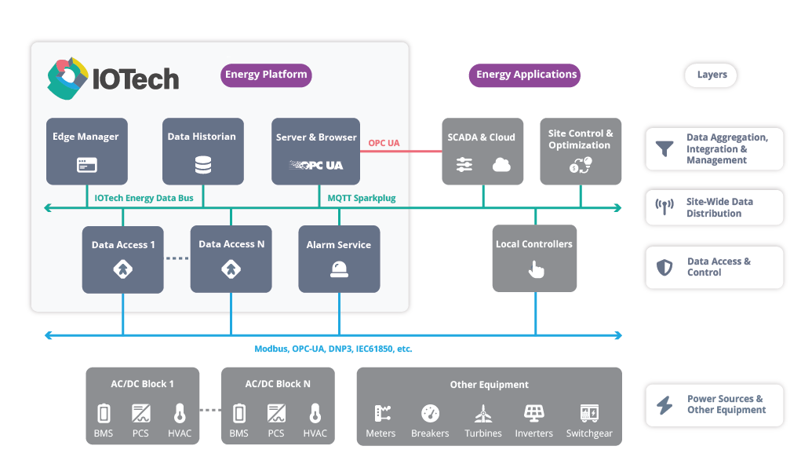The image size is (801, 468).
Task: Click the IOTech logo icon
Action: tap(67, 79)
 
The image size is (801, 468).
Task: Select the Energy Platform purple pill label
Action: tap(266, 75)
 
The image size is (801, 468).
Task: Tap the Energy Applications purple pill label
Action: tap(526, 75)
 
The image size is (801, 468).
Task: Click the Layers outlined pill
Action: tap(712, 75)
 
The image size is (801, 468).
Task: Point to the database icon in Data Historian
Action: tap(202, 166)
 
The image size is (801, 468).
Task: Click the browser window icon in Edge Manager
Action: tap(86, 166)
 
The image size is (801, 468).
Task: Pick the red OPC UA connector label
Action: tap(384, 143)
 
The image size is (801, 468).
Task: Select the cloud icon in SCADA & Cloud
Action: tap(501, 165)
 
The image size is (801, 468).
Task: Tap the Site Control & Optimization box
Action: tap(581, 152)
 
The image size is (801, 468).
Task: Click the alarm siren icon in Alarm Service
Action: tap(339, 269)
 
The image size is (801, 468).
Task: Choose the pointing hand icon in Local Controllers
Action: tap(536, 269)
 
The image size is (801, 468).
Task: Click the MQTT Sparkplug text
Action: tap(361, 198)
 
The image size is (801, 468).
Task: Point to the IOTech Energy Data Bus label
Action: tap(144, 198)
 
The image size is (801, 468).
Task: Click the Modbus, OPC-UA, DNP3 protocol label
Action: tap(333, 349)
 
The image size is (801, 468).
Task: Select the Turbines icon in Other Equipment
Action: tap(483, 413)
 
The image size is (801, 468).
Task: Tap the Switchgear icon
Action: tap(588, 413)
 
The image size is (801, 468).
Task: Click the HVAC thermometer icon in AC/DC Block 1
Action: tap(180, 413)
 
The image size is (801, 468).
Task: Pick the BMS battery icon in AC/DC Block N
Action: tap(238, 413)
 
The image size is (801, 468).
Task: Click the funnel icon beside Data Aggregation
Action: tap(664, 148)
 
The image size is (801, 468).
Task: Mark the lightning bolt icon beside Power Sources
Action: tap(664, 405)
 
